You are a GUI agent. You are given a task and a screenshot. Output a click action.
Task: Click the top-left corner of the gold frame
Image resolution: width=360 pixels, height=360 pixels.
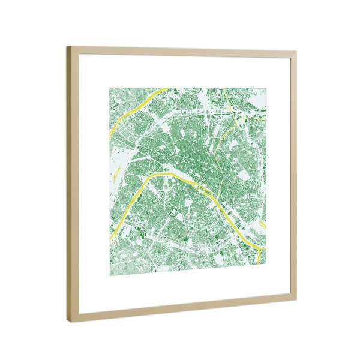[x=68, y=47]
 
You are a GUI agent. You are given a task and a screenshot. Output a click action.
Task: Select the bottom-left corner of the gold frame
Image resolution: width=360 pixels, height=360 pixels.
[x=68, y=322]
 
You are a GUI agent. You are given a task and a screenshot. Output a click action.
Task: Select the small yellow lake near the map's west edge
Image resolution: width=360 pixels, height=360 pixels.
[x=116, y=175]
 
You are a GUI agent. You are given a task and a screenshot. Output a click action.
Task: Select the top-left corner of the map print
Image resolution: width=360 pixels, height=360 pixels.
[x=109, y=88]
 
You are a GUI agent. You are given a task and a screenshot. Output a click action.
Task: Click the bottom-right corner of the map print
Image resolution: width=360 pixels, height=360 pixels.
[x=266, y=265]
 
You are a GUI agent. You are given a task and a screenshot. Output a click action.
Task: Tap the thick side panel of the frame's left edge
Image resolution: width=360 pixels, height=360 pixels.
[x=70, y=180]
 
